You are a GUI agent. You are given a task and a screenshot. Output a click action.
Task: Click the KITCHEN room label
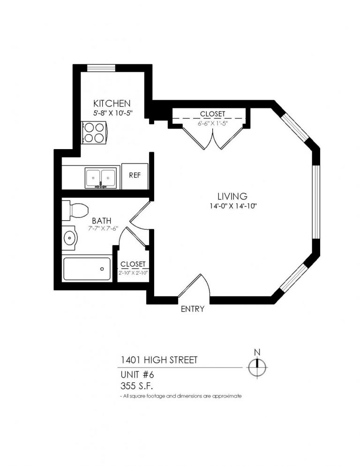112,104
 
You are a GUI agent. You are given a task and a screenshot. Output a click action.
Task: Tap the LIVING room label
232,196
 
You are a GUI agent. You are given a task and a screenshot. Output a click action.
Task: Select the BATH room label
102,221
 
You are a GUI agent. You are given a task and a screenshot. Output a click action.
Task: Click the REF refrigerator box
135,176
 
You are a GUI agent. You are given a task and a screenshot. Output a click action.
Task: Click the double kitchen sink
100,178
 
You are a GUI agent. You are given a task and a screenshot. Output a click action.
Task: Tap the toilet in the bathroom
75,210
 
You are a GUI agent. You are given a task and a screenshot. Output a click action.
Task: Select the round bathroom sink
70,238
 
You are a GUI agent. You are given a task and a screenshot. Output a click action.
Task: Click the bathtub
87,269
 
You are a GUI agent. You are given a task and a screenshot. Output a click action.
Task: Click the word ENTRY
193,309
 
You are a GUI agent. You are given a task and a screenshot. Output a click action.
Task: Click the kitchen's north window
101,68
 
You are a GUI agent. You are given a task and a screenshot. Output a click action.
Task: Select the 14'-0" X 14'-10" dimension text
233,206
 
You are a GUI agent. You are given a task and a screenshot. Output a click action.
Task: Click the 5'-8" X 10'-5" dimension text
112,113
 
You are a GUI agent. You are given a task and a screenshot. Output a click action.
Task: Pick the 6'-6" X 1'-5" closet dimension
212,123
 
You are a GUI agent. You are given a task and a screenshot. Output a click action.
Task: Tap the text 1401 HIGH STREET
159,360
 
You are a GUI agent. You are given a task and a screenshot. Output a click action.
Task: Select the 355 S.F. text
136,386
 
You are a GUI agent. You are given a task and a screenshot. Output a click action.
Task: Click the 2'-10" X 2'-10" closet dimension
133,272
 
